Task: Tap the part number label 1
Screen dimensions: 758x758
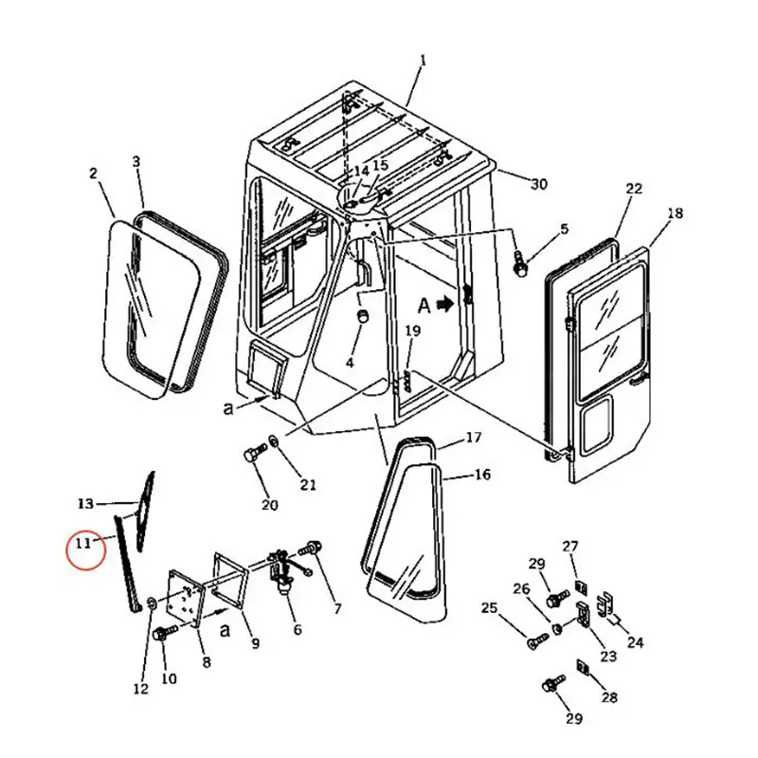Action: point(423,61)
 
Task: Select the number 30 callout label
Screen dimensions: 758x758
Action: point(538,185)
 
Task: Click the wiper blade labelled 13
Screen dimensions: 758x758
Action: point(145,512)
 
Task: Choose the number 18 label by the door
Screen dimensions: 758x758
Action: point(675,214)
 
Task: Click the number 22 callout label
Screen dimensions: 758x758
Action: point(634,189)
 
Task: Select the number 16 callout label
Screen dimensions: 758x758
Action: point(482,475)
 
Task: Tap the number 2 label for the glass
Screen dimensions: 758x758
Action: point(93,173)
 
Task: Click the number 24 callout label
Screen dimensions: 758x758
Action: point(635,643)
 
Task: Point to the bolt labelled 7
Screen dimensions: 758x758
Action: point(315,547)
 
